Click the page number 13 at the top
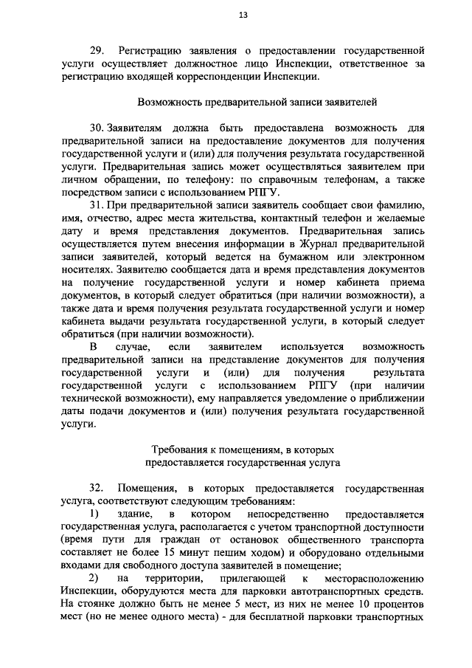pos(243,16)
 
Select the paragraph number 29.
pos(98,50)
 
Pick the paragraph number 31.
pos(97,204)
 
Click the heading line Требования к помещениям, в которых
pos(243,449)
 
